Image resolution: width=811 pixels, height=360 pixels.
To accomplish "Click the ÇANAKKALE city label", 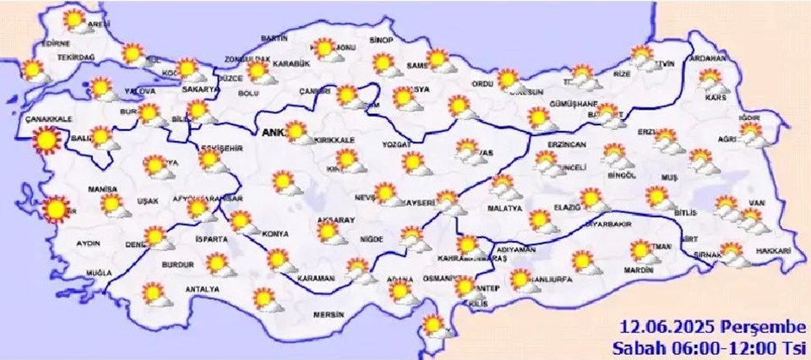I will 48,118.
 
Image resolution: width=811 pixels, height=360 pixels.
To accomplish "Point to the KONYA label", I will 275,233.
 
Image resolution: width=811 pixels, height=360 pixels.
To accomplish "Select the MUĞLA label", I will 99,273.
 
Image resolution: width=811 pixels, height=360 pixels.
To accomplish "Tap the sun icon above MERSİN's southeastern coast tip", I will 433,325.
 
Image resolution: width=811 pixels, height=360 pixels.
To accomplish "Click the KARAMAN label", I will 316,278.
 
